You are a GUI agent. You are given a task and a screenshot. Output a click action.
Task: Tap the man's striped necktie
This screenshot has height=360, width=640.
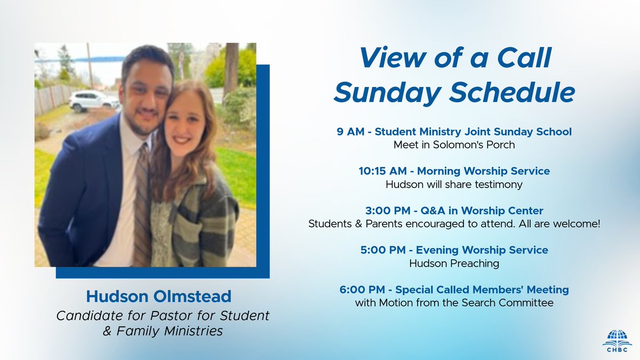point(142,203)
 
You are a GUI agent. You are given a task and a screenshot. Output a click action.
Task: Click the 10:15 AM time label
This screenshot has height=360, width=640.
point(383,171)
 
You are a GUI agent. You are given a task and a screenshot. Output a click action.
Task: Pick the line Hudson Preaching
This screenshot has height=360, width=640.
point(454,263)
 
